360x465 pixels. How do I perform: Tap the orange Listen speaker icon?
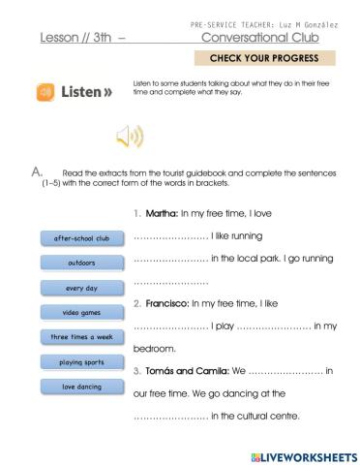point(45,94)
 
